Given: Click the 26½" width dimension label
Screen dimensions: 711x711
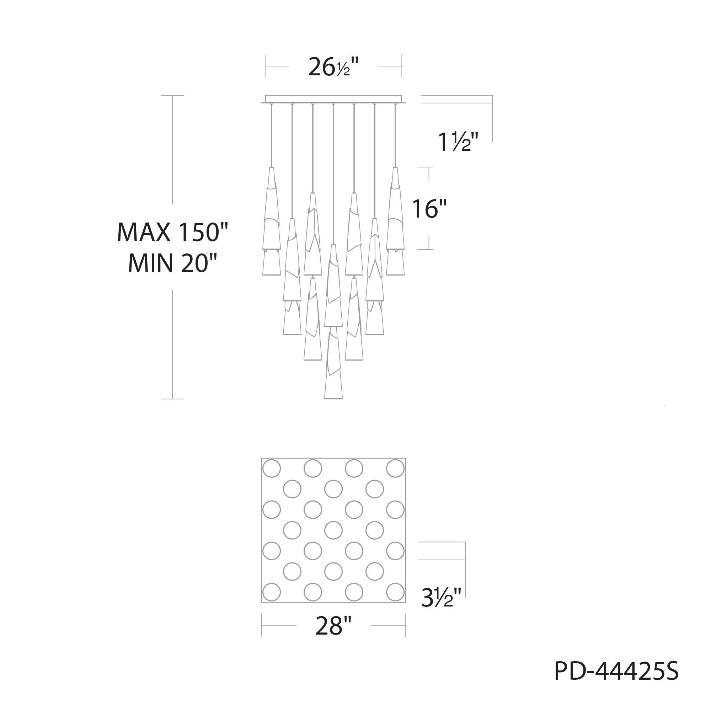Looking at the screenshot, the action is pyautogui.click(x=333, y=66).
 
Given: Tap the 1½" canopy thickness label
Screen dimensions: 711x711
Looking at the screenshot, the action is pyautogui.click(x=458, y=142).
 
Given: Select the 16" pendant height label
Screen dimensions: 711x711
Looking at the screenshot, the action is pyautogui.click(x=429, y=209).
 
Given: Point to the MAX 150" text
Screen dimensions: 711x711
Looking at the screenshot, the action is pyautogui.click(x=172, y=232).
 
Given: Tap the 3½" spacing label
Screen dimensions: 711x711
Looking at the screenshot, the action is pyautogui.click(x=441, y=598).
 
